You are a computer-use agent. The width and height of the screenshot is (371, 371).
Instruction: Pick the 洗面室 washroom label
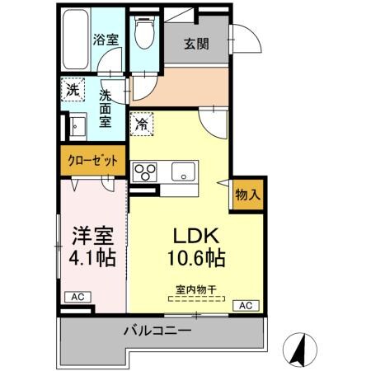coord(106,107)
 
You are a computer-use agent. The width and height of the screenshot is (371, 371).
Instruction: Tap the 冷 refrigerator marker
coord(141,124)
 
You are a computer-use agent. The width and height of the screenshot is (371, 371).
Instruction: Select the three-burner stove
coord(146,173)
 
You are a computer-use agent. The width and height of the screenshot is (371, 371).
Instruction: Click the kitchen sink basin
coord(182,173)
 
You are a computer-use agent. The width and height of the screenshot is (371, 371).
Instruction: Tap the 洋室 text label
coord(92,234)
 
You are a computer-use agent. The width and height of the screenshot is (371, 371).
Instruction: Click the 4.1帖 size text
coord(92,256)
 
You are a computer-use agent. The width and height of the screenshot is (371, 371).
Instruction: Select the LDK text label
coord(197,234)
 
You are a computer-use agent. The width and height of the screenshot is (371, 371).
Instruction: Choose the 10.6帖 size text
coord(197,256)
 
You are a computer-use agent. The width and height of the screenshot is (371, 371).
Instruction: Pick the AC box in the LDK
coord(245,306)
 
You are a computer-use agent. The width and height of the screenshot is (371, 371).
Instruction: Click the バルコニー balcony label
coord(157,331)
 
